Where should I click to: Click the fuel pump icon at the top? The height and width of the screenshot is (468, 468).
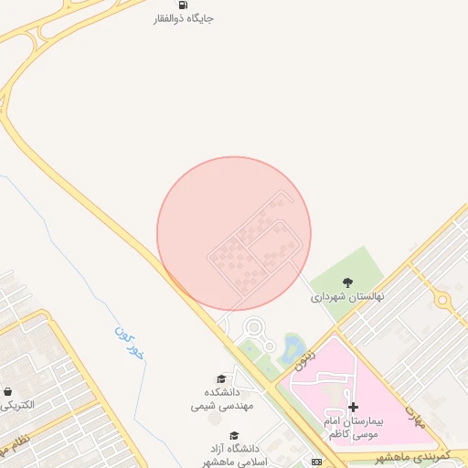(x=183, y=4)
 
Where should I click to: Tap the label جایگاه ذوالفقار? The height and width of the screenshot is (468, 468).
(x=183, y=18)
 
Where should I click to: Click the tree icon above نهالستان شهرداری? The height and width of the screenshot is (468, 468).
(x=346, y=282)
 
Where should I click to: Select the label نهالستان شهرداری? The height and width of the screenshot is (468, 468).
(x=347, y=297)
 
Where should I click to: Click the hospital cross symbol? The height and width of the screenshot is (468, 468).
(x=354, y=406)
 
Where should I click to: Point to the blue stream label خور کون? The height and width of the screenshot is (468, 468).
(x=130, y=341)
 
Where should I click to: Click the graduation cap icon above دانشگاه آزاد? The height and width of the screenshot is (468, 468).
(x=234, y=435)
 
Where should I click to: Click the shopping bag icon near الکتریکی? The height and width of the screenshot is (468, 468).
(x=8, y=391)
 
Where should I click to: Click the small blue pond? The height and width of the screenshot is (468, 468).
(x=293, y=346)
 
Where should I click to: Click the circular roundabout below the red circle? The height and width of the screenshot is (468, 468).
(x=253, y=326)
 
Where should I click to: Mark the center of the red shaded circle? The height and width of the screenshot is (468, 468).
(x=234, y=233)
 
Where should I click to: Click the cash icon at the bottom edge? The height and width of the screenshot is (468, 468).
(x=316, y=463)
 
